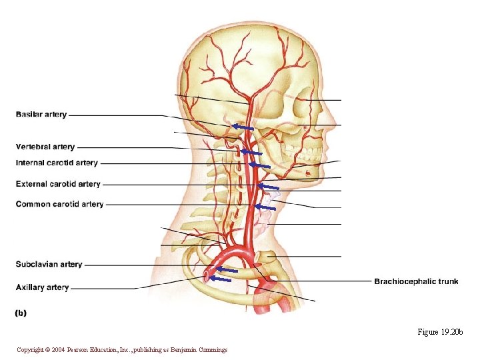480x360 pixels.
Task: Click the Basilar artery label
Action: coord(41,115)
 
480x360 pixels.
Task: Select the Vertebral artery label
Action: coord(45,147)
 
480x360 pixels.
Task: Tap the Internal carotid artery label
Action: coord(57,163)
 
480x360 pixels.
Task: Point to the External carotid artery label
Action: coord(58,184)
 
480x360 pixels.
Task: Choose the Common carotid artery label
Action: coord(59,204)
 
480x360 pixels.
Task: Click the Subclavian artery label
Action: coord(49,265)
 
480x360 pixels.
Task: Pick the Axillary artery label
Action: coord(42,287)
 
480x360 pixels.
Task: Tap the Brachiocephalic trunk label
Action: coord(416,281)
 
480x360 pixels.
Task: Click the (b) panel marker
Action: coord(21,312)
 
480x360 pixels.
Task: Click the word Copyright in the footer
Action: coord(31,350)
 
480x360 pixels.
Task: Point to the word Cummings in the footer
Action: coord(212,350)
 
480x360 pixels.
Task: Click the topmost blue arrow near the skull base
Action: coord(243,126)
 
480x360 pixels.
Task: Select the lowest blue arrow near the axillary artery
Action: coord(220,279)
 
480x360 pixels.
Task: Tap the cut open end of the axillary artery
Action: coord(209,273)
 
